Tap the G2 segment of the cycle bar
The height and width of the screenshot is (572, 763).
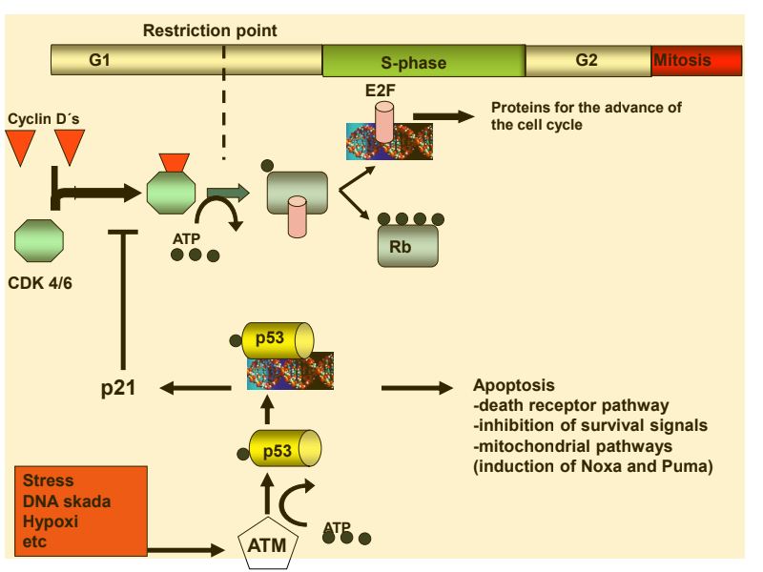point(588,60)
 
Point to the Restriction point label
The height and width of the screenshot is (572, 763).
point(210,31)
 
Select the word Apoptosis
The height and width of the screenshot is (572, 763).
point(513,386)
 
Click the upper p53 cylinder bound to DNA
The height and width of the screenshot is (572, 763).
point(280,339)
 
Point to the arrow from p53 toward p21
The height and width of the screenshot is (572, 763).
point(196,388)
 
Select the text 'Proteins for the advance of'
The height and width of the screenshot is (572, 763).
point(586,108)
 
